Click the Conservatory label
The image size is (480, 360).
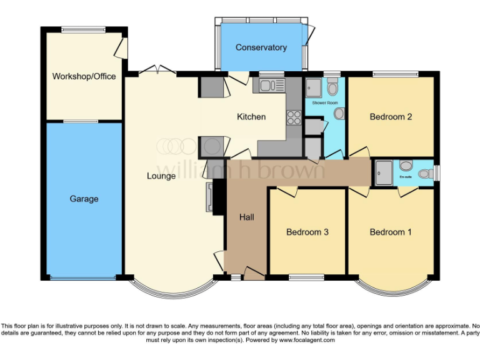tap(261, 47)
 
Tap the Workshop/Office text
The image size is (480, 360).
tap(84, 76)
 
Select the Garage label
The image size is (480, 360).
tap(84, 199)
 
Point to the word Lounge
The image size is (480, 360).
tap(161, 176)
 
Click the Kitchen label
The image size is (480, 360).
tap(251, 117)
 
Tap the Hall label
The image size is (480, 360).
tap(246, 217)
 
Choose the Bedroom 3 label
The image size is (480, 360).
tap(307, 232)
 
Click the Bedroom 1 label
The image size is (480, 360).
tap(391, 232)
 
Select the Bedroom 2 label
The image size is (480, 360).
tap(391, 117)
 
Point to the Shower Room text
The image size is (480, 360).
tap(324, 102)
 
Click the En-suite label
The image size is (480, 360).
tap(406, 177)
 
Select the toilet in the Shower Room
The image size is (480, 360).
tap(332, 87)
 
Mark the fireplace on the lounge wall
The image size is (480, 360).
tap(211, 197)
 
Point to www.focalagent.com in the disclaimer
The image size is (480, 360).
tap(307, 341)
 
